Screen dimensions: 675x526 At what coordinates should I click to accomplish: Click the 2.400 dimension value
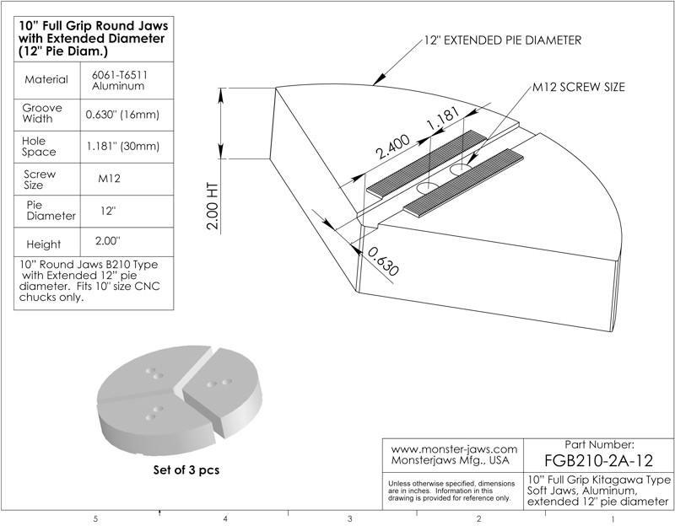[x=392, y=147]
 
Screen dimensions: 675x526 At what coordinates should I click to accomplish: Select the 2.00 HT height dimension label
[x=213, y=207]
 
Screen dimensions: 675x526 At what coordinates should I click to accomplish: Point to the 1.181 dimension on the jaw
[x=444, y=118]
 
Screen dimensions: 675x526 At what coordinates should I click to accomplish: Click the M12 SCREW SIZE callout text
[x=579, y=87]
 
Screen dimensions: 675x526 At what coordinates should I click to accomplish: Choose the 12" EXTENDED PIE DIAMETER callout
[x=503, y=40]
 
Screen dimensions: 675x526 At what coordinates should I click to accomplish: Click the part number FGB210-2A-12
[x=599, y=460]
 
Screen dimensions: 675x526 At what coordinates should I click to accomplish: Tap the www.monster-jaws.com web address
[x=454, y=449]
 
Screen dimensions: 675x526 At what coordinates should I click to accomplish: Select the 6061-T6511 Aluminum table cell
[x=119, y=80]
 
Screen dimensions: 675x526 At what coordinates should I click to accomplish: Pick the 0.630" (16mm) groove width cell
[x=122, y=115]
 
